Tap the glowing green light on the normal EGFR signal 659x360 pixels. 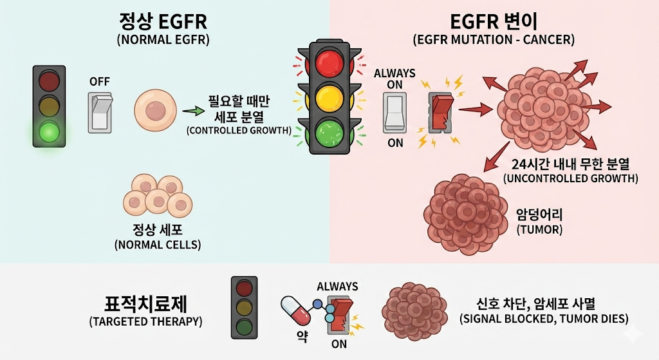[49, 131]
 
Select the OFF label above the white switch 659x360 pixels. [99, 82]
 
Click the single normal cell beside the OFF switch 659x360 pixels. [154, 111]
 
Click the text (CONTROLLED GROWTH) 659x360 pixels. [239, 131]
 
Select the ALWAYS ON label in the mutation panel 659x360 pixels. [394, 79]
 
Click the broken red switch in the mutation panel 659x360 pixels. [441, 113]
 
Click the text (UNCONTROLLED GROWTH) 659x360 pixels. [570, 178]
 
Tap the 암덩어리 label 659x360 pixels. [539, 213]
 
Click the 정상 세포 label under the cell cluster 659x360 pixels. [158, 229]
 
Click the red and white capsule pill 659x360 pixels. [295, 310]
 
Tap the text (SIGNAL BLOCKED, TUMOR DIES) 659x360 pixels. [544, 318]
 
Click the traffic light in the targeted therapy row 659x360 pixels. [244, 308]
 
